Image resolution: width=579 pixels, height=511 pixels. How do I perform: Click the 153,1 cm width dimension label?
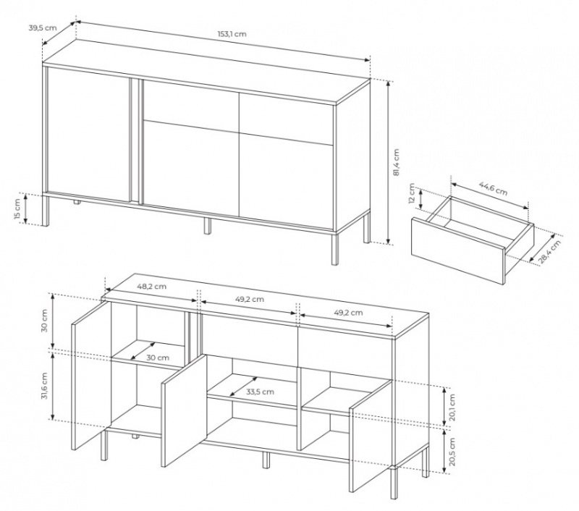[x=232, y=34]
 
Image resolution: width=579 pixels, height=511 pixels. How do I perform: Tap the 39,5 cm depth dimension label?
[x=43, y=28]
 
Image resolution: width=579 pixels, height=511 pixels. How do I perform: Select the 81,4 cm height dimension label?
[x=397, y=162]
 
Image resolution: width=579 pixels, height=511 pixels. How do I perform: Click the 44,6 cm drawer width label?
[x=493, y=188]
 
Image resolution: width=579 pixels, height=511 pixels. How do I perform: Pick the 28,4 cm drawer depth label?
[x=550, y=251]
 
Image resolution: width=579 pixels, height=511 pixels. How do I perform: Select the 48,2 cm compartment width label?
[x=151, y=286]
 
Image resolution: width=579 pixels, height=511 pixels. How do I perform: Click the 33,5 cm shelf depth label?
[x=261, y=392]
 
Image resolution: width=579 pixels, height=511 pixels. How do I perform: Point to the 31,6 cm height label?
[x=45, y=386]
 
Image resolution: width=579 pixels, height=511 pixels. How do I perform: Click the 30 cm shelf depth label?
[x=158, y=358]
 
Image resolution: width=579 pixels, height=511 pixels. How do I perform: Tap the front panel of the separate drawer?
[x=458, y=251]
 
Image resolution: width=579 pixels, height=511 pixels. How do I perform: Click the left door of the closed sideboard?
[x=88, y=135]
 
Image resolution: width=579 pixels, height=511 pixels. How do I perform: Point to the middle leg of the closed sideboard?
[x=208, y=226]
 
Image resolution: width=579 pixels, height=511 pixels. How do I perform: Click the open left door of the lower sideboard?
[x=90, y=375]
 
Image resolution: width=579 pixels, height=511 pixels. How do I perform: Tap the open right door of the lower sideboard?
[x=371, y=436]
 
